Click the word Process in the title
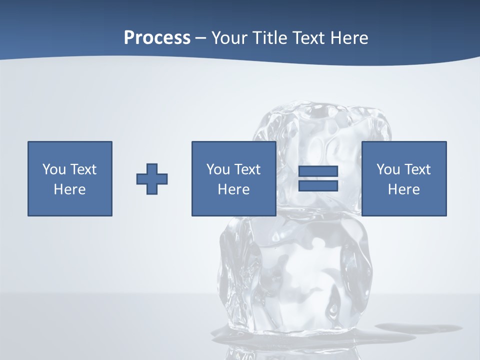click(157, 38)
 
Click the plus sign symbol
click(152, 178)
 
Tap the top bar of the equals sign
click(318, 171)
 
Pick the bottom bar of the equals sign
click(318, 185)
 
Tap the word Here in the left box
click(69, 189)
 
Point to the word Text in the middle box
click(247, 169)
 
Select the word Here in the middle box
click(233, 189)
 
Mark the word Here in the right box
click(403, 189)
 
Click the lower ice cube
click(295, 280)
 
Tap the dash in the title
click(201, 38)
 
